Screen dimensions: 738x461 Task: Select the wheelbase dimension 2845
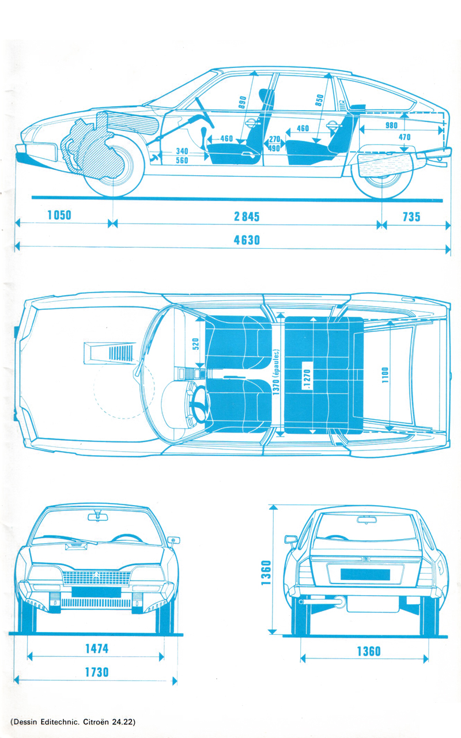[247, 217]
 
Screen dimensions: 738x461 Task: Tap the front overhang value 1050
[59, 216]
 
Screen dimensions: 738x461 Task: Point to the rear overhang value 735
[411, 217]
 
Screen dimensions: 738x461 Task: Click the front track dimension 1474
[96, 649]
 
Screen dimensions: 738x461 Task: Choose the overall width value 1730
[96, 672]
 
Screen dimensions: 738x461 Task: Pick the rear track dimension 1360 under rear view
[368, 652]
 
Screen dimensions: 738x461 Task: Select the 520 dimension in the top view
[194, 345]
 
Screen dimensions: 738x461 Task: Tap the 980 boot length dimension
[391, 126]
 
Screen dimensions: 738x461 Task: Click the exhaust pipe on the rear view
[340, 603]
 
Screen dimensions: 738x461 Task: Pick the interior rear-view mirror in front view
[98, 517]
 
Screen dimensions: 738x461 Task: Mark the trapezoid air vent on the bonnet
[109, 351]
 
